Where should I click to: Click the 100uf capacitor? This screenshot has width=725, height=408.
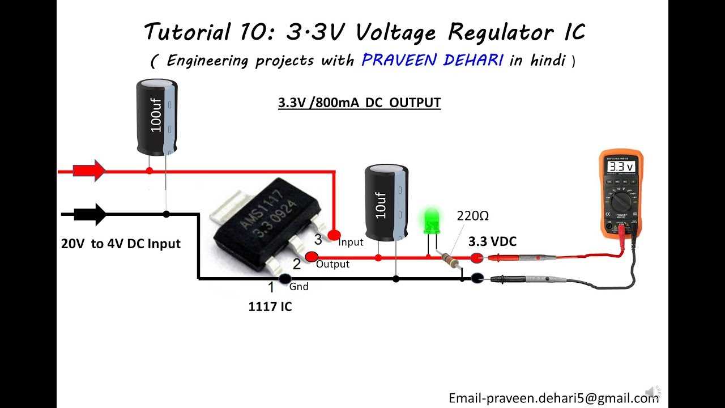click(x=157, y=116)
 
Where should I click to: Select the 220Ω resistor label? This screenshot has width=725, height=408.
click(x=473, y=216)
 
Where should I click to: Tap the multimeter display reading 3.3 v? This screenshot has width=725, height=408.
click(x=621, y=167)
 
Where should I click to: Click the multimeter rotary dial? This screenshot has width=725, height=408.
click(x=621, y=201)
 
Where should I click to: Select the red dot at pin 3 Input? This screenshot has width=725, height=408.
click(x=334, y=234)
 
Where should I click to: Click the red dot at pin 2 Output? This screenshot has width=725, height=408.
click(x=311, y=257)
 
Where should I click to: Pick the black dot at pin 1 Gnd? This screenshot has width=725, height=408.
click(x=285, y=278)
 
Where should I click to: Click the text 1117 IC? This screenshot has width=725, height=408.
click(x=270, y=307)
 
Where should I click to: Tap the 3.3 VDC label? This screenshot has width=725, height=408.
click(x=492, y=242)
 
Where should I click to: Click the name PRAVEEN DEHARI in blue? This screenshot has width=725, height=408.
click(x=432, y=60)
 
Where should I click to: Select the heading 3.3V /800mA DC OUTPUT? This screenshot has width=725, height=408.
click(x=359, y=103)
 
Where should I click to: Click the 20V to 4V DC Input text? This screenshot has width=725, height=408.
click(x=121, y=244)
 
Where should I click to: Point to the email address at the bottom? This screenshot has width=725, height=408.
click(x=554, y=398)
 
